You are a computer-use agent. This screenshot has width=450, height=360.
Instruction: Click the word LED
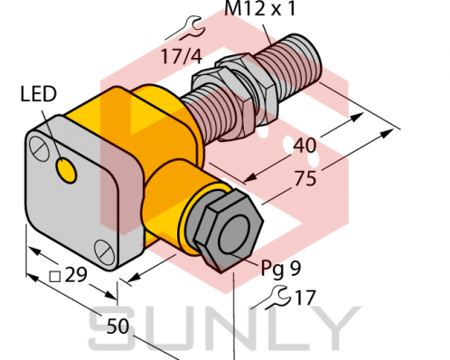coord(37,93)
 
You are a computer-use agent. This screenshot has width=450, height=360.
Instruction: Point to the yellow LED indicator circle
coord(66,167)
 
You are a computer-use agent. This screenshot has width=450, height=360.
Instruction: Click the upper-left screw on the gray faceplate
coord(37,145)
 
